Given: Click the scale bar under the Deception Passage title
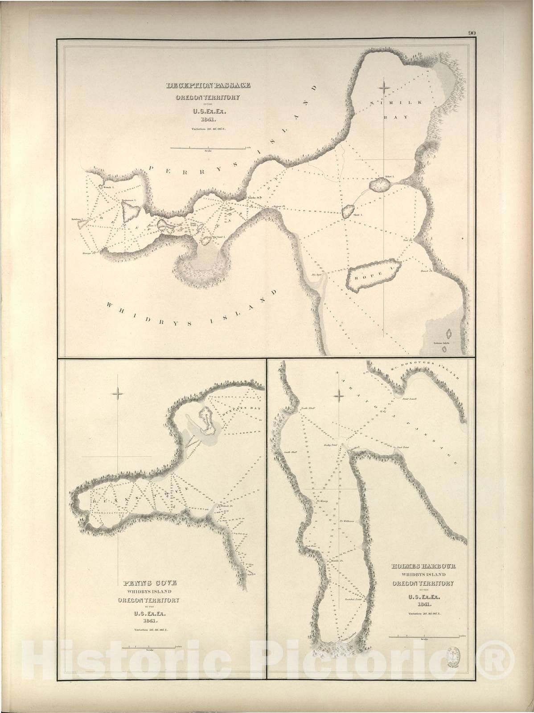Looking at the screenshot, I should (208, 148).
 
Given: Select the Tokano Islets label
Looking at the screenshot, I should (441, 343).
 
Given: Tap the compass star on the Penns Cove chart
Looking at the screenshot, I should (118, 393).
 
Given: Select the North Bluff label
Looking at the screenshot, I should (308, 408).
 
